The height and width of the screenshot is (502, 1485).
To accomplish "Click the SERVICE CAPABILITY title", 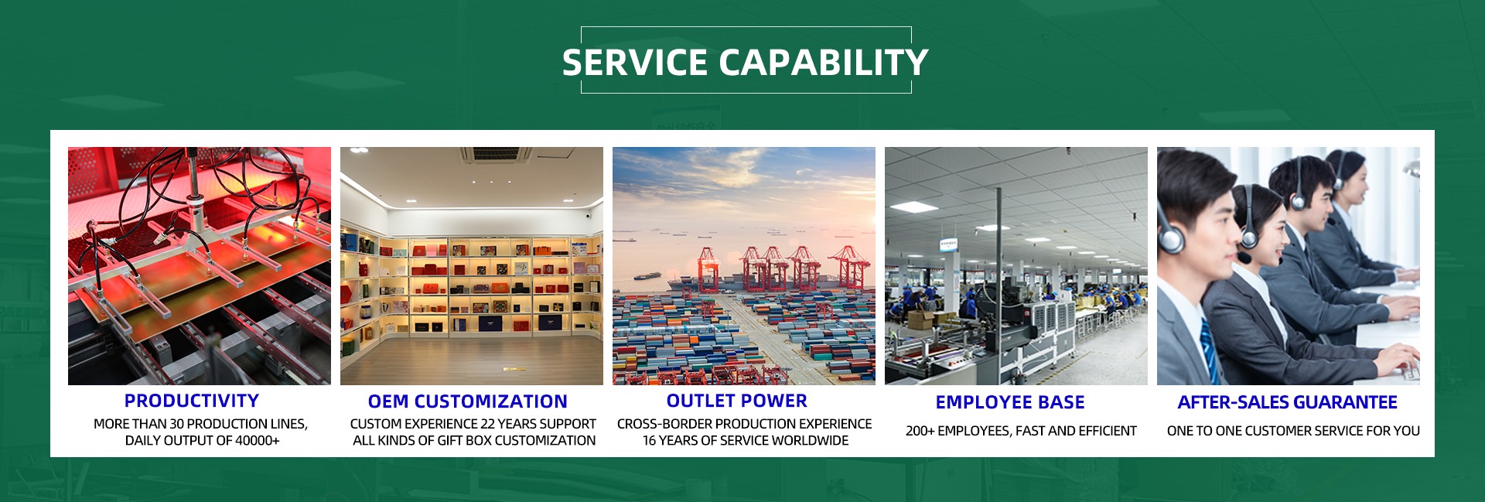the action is coord(745,63).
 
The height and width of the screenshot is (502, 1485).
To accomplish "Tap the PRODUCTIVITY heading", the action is coord(192,401).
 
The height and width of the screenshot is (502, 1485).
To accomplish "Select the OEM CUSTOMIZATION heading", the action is coord(468,401).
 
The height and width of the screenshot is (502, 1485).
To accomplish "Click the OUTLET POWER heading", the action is coord(737,401).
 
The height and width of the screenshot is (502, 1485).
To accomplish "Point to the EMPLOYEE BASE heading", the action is coord(1010,402).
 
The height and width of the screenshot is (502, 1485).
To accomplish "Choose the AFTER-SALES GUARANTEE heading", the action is coord(1288,402).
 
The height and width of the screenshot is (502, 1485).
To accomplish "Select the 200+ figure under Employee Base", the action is coord(920,431).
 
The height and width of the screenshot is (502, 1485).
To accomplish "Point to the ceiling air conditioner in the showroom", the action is coord(496,154).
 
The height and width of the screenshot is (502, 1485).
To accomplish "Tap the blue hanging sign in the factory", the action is coord(947,244).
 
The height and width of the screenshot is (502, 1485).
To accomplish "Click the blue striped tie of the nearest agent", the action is coord(1209,353).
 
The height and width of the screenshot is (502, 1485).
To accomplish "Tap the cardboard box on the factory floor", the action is coord(920,320).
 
